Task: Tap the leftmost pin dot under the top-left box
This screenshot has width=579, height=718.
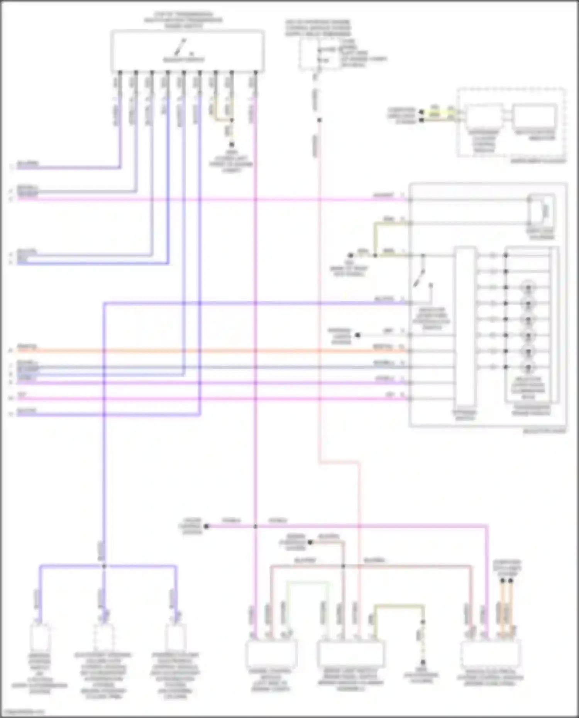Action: tap(120, 72)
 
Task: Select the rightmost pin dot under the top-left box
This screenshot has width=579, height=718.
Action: tap(255, 72)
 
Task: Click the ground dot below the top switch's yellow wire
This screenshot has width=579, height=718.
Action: tap(232, 145)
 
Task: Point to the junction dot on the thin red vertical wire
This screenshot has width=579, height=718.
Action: tap(319, 120)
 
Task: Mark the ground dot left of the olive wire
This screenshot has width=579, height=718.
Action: tap(350, 255)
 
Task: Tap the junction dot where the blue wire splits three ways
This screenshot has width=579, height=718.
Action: tap(103, 566)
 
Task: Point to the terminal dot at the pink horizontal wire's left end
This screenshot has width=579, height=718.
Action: tap(207, 526)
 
